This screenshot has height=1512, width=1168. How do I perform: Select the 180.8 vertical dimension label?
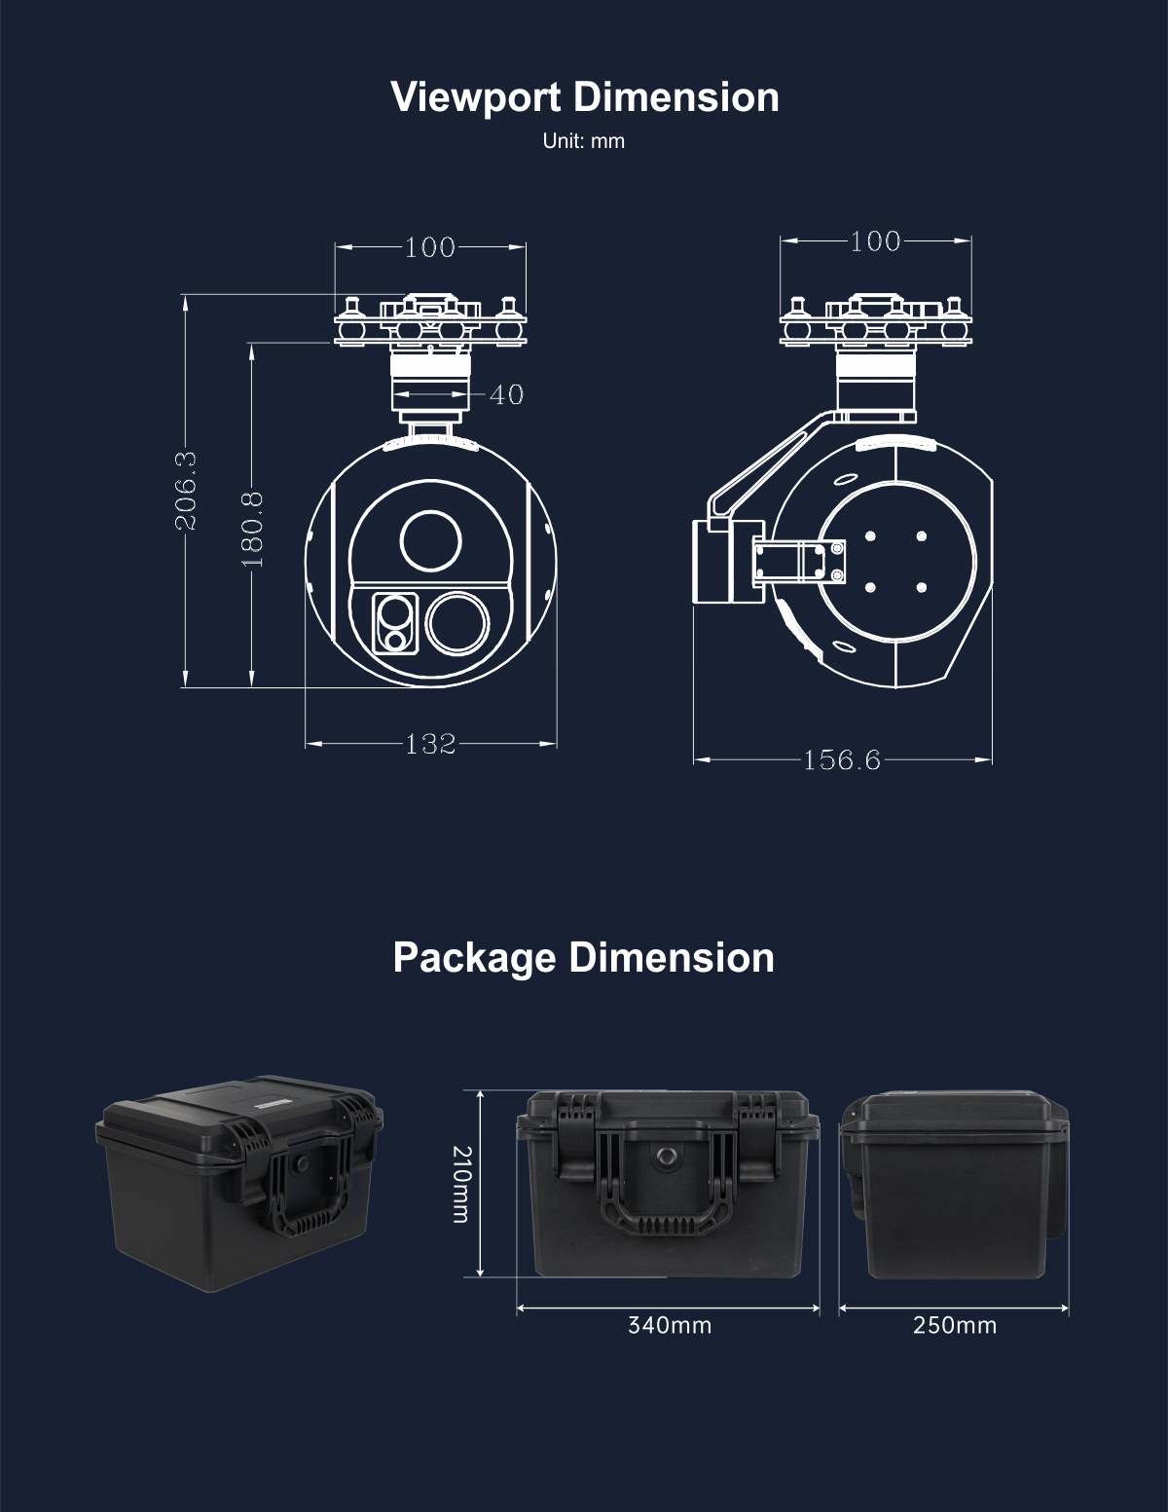251,528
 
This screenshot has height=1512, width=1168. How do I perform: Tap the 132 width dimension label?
430,744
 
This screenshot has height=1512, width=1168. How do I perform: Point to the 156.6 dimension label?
842,759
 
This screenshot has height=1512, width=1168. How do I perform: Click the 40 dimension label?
506,394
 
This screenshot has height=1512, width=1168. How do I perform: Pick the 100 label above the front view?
430,247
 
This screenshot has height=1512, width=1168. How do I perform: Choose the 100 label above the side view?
875,240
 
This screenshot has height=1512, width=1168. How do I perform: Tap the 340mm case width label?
670,1325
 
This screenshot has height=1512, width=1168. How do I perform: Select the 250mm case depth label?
955,1325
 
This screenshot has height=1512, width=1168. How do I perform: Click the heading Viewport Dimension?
584,97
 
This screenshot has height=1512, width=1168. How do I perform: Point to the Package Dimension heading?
584,957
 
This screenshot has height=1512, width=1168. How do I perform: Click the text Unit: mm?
584,141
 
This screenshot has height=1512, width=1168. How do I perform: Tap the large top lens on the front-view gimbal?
430,540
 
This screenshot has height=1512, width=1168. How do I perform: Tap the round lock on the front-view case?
667,1156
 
